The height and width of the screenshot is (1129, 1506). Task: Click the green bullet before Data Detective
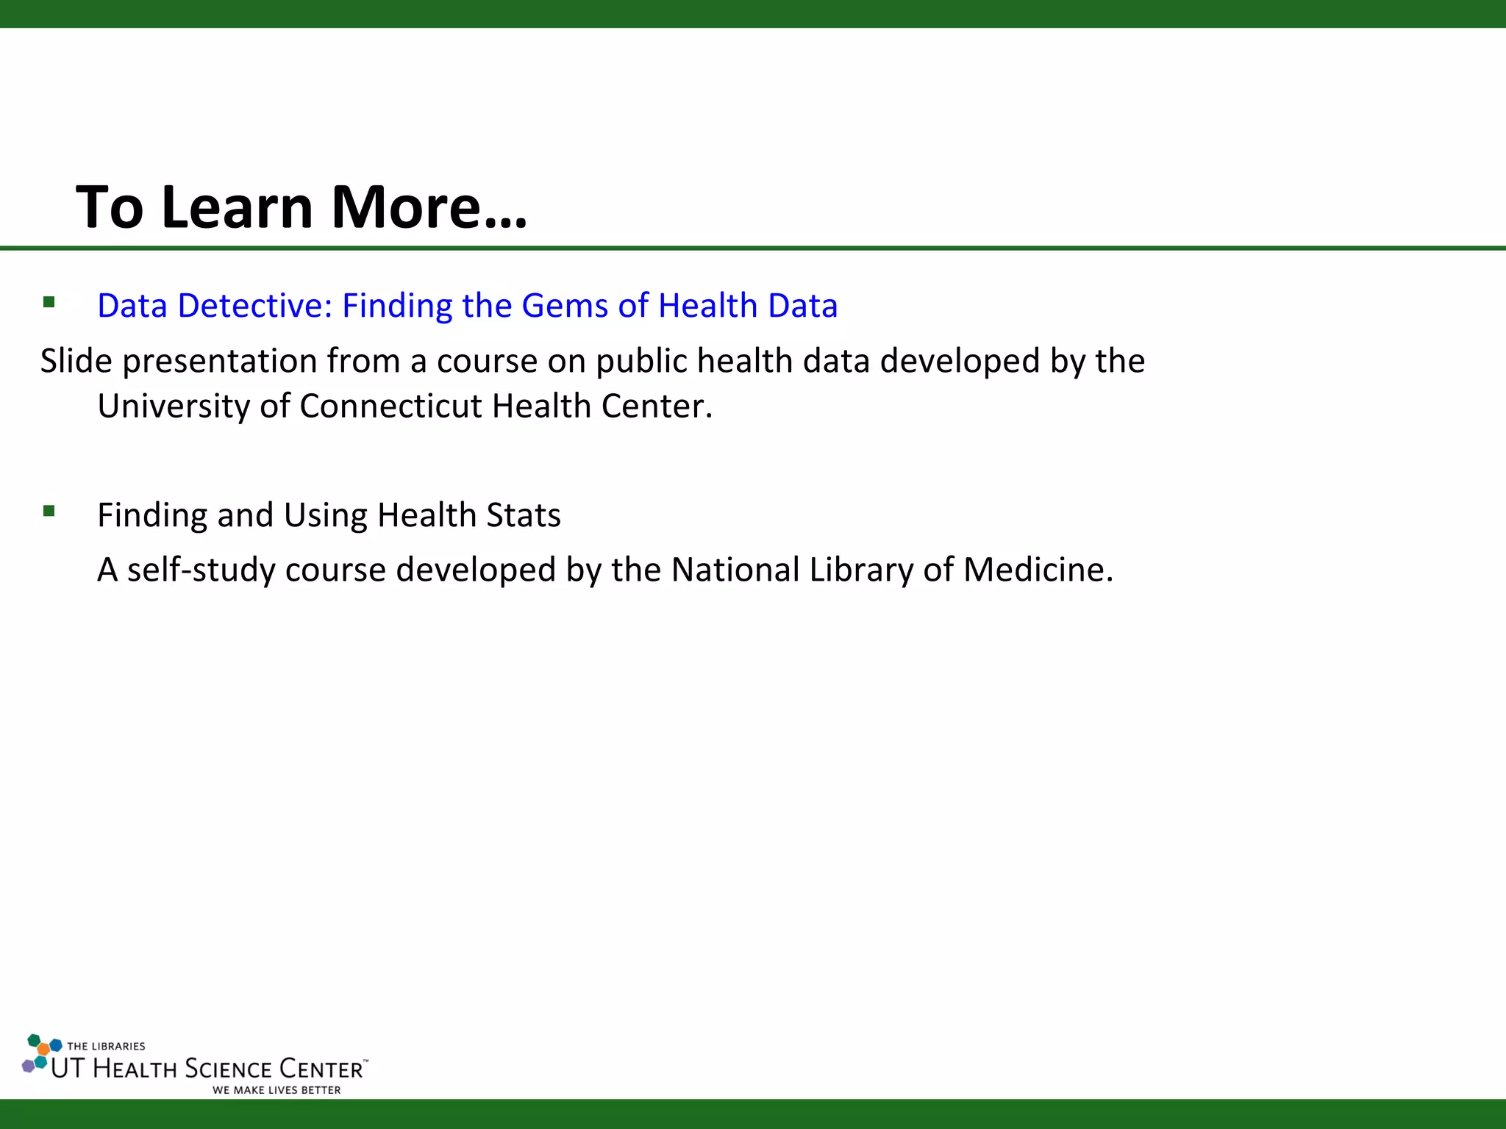point(49,302)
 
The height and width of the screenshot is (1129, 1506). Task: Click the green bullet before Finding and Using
point(49,511)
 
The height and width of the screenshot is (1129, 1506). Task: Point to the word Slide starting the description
point(76,361)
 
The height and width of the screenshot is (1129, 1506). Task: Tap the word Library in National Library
point(861,570)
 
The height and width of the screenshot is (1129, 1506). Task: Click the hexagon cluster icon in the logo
point(41,1053)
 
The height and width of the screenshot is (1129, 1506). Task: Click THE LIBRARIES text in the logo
point(106,1046)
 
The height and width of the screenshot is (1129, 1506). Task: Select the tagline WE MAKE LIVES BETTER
point(276,1090)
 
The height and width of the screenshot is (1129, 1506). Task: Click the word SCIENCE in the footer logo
point(228,1069)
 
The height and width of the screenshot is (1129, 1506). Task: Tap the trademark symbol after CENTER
point(365,1061)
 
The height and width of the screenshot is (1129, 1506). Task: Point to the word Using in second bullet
point(325,515)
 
